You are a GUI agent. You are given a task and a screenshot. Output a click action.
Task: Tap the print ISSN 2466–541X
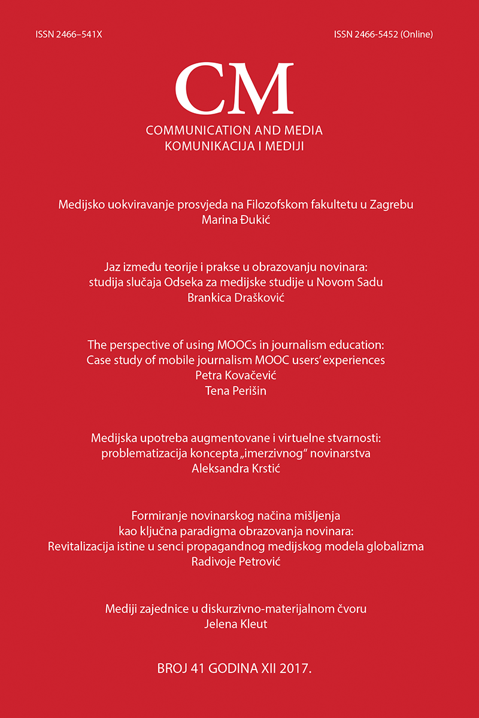tap(69, 35)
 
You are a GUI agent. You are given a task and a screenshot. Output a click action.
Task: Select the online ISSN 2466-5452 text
tap(383, 35)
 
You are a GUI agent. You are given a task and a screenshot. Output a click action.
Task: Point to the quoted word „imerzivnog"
tap(300, 454)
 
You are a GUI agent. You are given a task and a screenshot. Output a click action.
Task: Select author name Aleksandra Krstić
tap(239, 469)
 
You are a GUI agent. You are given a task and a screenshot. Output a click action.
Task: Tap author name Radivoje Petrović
tap(239, 562)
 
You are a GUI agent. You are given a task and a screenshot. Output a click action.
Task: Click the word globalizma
tap(405, 547)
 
